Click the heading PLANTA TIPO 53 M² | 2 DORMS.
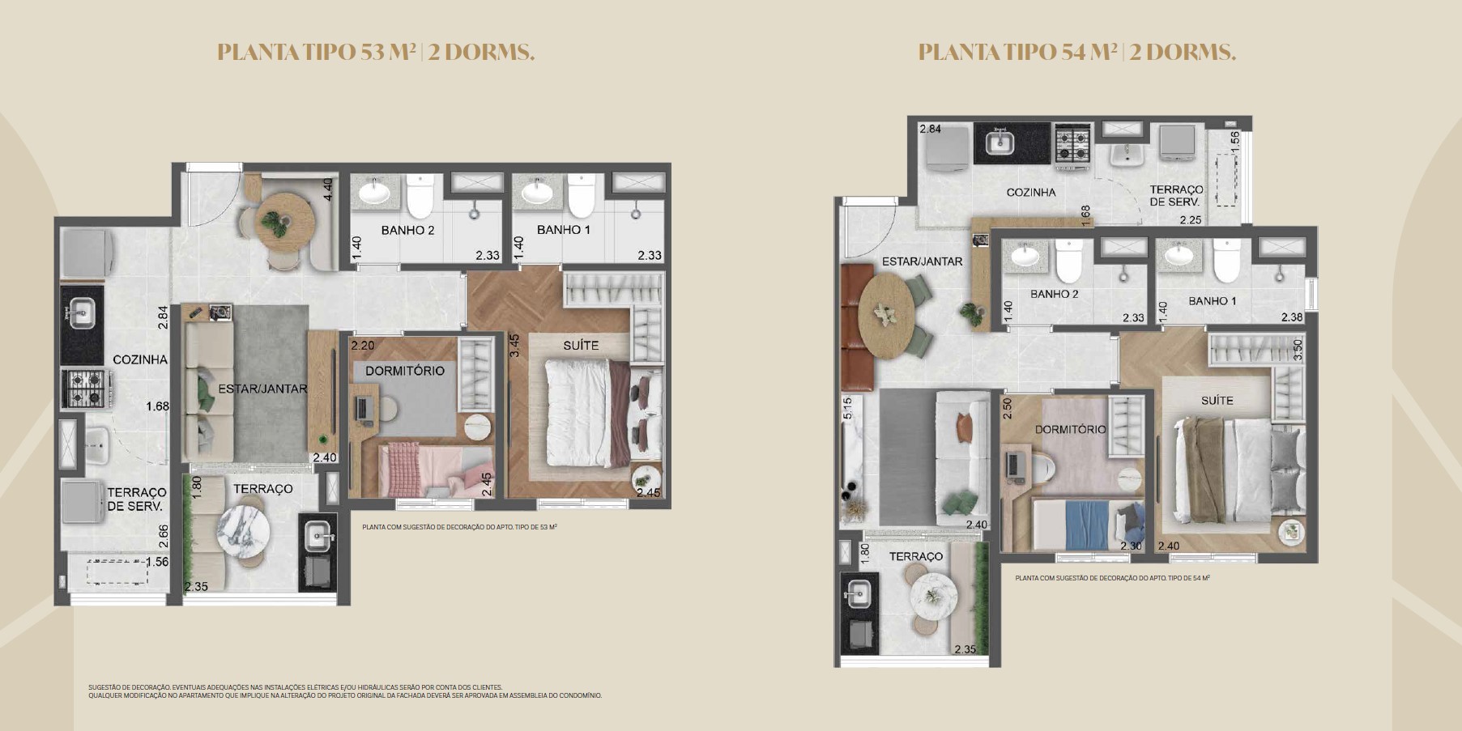point(376,53)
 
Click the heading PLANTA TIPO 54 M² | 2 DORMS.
point(1076,53)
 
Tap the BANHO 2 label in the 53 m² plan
point(407,230)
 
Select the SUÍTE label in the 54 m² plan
point(1217,400)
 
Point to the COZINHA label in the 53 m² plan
point(140,359)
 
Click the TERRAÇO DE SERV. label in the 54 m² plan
point(1176,196)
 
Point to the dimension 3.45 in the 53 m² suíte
point(514,345)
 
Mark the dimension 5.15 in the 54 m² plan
point(847,408)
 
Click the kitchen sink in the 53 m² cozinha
point(81,312)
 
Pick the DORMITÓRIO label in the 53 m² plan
point(405,371)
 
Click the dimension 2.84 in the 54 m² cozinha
point(931,129)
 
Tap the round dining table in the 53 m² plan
point(284,218)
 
